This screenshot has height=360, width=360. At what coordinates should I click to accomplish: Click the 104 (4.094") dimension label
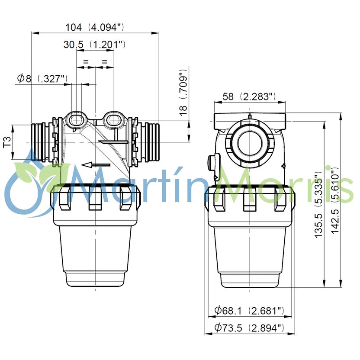coord(94,27)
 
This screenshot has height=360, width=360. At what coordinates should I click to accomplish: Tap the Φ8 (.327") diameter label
coord(42,78)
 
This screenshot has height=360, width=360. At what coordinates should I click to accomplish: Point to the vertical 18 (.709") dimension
coord(184,92)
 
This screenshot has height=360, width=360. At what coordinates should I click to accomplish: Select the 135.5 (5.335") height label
coord(319,205)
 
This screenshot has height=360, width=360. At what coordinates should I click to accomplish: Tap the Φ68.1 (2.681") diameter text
coord(249,310)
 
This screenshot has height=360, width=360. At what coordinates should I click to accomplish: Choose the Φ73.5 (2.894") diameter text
coord(249,328)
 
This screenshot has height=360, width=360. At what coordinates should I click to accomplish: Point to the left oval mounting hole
coord(77,119)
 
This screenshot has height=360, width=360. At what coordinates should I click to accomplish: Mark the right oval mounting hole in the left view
coord(113,119)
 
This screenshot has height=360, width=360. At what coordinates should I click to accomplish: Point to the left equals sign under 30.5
coord(85,62)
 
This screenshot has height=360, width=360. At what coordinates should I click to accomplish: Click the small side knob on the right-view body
coord(211,162)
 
